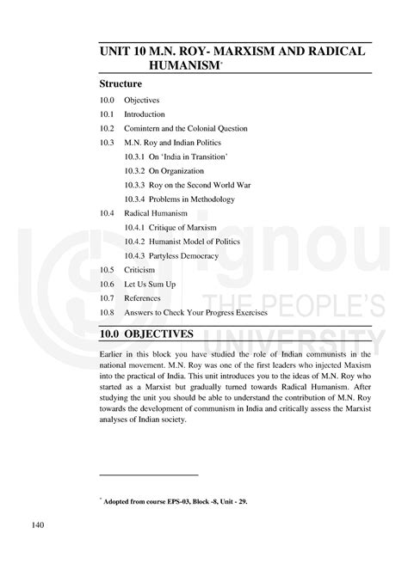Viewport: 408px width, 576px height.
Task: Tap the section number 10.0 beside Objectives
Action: tap(106, 101)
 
